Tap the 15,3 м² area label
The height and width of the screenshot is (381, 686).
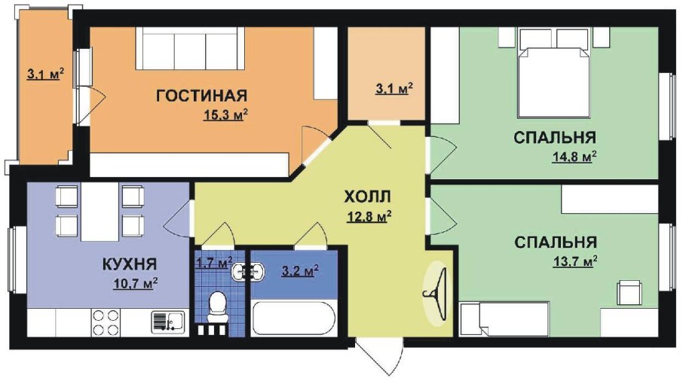225,115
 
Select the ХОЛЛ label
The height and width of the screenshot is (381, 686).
368,197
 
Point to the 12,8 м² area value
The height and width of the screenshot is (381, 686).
367,218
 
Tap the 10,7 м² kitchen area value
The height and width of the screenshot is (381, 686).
135,283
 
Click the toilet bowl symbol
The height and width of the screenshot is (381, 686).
216,305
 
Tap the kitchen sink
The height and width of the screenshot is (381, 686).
167,322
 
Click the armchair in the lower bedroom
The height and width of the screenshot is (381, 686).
629,292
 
